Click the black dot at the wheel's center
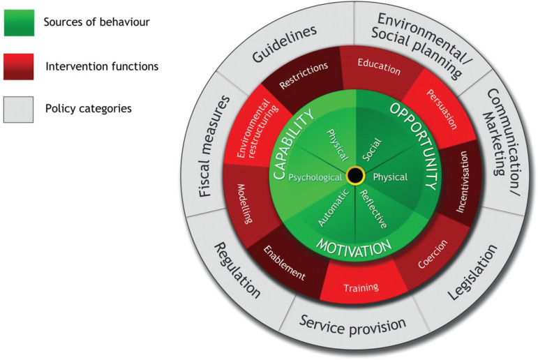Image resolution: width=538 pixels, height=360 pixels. pos(354,175)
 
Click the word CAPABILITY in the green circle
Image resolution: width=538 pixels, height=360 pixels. pos(289,147)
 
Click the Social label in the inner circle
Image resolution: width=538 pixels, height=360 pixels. pos(371,148)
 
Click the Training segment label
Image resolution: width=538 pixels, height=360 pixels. pos(361,287)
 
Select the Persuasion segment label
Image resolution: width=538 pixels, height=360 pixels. pos(442,109)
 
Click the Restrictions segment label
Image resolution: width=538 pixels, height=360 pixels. pos(304,77)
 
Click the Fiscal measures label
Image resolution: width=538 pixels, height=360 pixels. pos(213,146)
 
